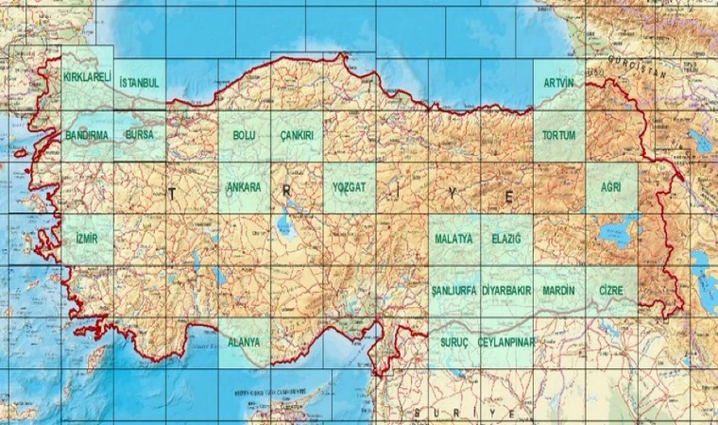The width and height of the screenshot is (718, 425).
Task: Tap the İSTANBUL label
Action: click(x=139, y=83)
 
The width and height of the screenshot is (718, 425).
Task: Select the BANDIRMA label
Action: click(x=87, y=135)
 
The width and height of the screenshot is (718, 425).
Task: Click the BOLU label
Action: click(x=244, y=135)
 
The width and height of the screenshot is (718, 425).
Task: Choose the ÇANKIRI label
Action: click(x=297, y=135)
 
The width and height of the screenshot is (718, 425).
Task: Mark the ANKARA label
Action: click(x=244, y=187)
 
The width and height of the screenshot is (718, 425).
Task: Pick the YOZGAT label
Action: click(x=349, y=187)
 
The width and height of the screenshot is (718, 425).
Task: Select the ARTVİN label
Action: click(x=558, y=83)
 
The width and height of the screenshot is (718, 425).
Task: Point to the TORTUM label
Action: click(x=558, y=135)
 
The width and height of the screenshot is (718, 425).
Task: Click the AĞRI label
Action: click(x=611, y=187)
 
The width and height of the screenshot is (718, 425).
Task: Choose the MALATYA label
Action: click(x=453, y=239)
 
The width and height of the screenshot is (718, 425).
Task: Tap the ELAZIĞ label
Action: click(x=506, y=239)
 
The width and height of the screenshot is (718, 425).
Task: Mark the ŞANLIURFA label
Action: click(x=453, y=290)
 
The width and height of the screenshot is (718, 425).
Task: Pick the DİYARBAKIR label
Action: click(x=506, y=290)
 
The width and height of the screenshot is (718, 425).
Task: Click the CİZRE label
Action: click(x=611, y=290)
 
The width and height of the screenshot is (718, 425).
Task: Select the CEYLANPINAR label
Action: click(x=506, y=341)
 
